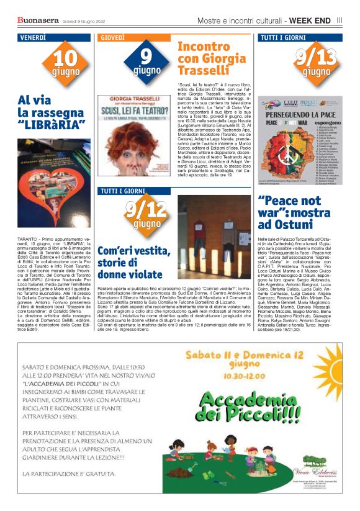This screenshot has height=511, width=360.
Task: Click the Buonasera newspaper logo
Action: (37, 20)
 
